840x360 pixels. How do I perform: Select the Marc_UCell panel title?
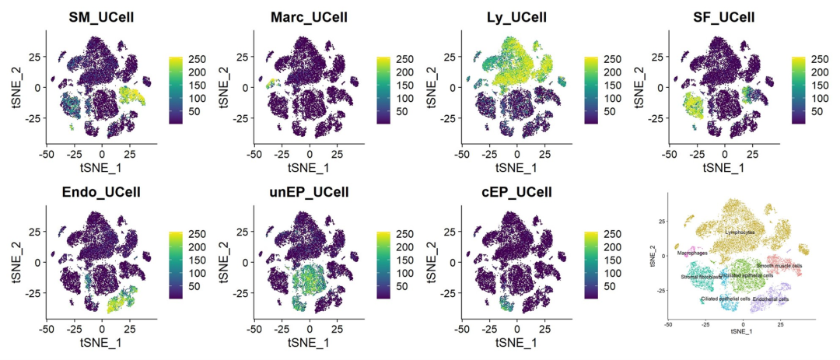click(x=309, y=16)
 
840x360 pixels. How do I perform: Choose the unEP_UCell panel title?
click(x=309, y=193)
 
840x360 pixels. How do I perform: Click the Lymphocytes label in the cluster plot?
click(x=740, y=232)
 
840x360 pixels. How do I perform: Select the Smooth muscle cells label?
click(x=779, y=266)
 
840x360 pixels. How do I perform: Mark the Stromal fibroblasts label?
click(x=701, y=276)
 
